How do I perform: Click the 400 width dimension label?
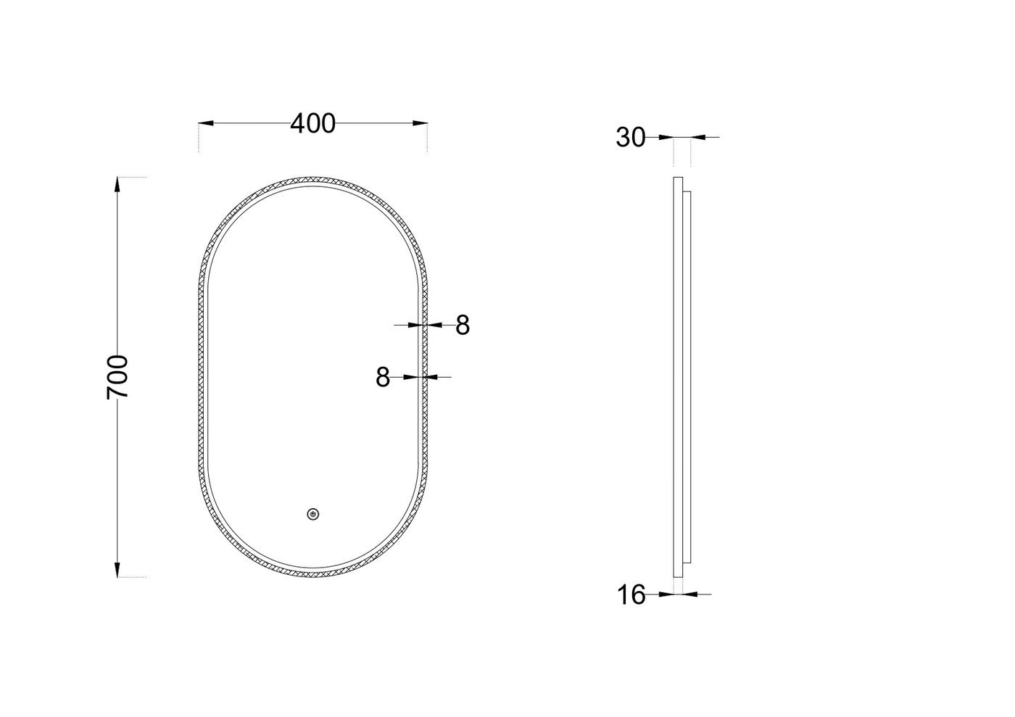(x=312, y=123)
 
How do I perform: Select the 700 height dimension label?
(x=117, y=377)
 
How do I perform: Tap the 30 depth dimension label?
(x=630, y=137)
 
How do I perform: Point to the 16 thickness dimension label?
(x=631, y=594)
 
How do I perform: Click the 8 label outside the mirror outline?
(x=463, y=325)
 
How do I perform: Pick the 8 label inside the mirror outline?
(x=383, y=377)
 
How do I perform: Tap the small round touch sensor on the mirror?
(x=313, y=514)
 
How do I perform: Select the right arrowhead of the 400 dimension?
(x=420, y=123)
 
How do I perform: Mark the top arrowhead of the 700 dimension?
(x=117, y=184)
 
